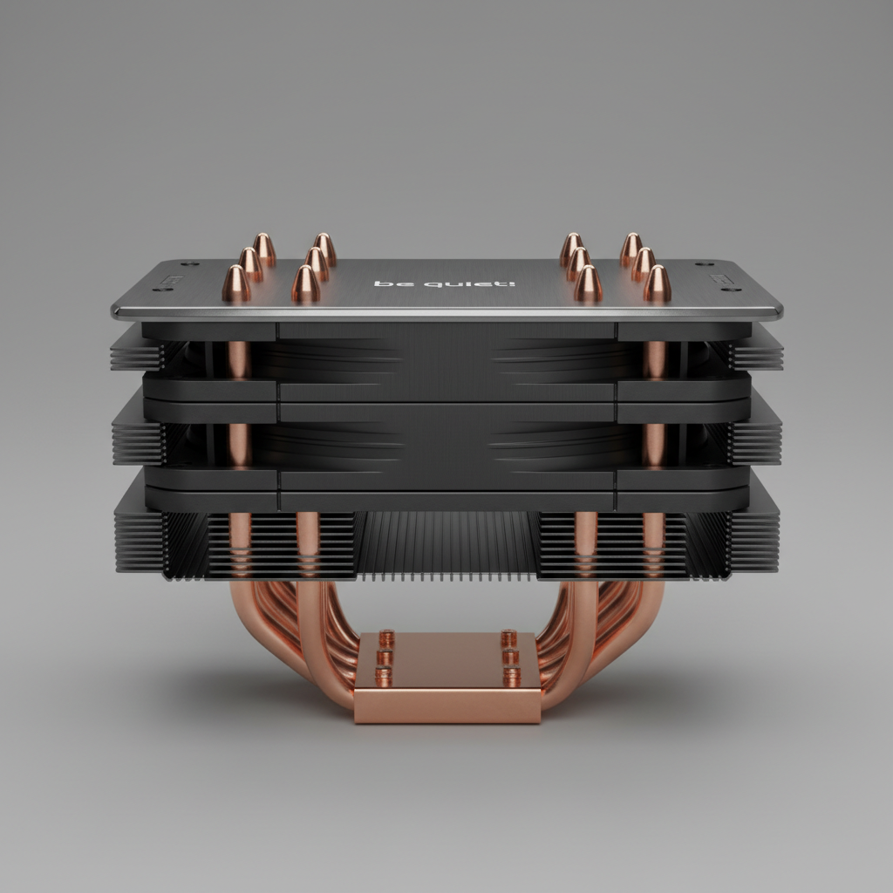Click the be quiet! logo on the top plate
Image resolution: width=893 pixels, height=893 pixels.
point(444,283)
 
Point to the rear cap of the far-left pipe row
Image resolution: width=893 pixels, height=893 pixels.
point(264,249)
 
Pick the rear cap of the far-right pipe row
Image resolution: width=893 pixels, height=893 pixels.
point(631,249)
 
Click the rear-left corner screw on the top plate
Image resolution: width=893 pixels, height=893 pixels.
point(189,263)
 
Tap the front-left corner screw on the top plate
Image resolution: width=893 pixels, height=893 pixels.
point(163,290)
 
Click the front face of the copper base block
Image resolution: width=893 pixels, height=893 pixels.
point(447,706)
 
